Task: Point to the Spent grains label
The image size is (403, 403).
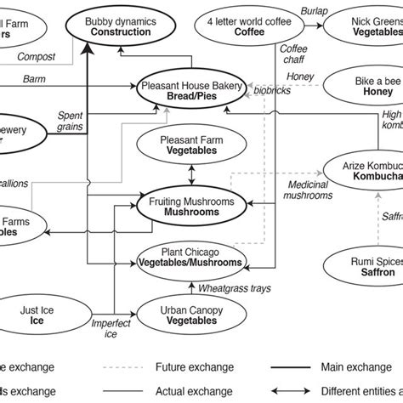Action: click(70, 120)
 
